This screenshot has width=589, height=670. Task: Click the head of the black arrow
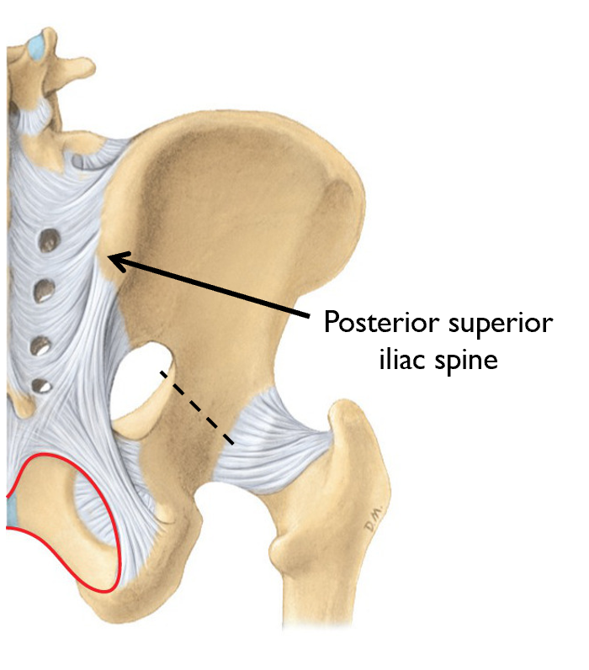(x=116, y=260)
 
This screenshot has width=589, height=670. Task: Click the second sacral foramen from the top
(x=44, y=293)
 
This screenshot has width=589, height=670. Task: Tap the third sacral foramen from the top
(x=39, y=345)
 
